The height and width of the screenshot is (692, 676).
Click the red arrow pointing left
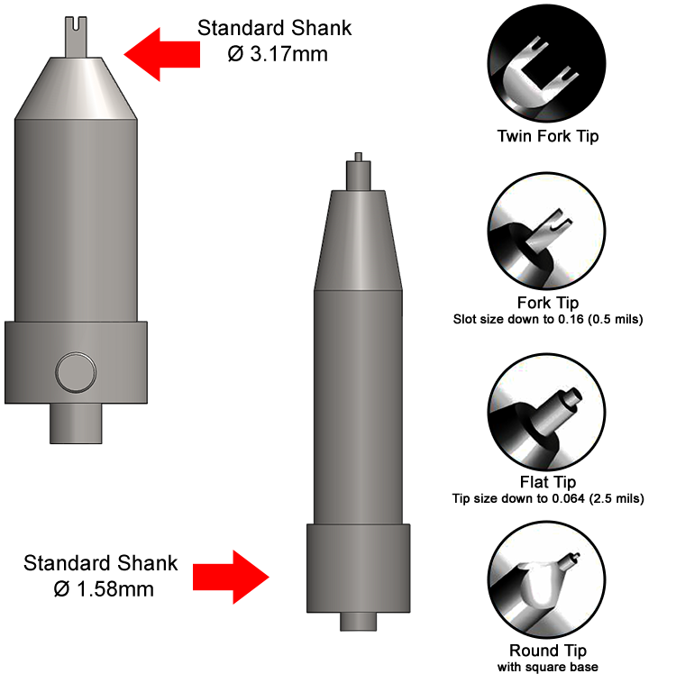click(x=161, y=54)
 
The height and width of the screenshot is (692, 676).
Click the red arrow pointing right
click(x=231, y=577)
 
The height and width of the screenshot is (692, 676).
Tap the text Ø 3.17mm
click(x=278, y=54)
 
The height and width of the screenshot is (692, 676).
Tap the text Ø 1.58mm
click(x=104, y=589)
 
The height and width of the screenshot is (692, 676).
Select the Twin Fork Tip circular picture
click(x=546, y=63)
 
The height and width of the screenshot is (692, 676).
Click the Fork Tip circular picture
click(x=546, y=232)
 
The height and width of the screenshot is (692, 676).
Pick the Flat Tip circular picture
click(x=546, y=412)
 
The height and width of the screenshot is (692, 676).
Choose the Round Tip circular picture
click(x=546, y=579)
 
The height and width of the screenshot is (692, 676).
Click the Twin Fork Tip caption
click(x=548, y=136)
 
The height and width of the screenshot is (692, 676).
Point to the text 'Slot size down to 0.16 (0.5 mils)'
click(x=548, y=319)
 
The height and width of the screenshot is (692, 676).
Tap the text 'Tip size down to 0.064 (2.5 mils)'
click(x=548, y=498)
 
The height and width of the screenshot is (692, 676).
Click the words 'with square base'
click(x=548, y=667)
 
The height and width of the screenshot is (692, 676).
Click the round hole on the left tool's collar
click(x=76, y=372)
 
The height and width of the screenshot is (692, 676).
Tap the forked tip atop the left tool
click(x=76, y=37)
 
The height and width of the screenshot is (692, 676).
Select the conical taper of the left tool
click(x=76, y=88)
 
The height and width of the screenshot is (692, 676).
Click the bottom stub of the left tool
click(x=76, y=423)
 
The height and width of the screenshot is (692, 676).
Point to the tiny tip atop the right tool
click(x=358, y=157)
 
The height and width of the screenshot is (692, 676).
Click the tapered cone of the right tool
click(x=358, y=240)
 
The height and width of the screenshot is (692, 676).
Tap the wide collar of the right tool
click(x=358, y=568)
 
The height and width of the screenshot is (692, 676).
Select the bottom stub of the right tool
click(x=358, y=622)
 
